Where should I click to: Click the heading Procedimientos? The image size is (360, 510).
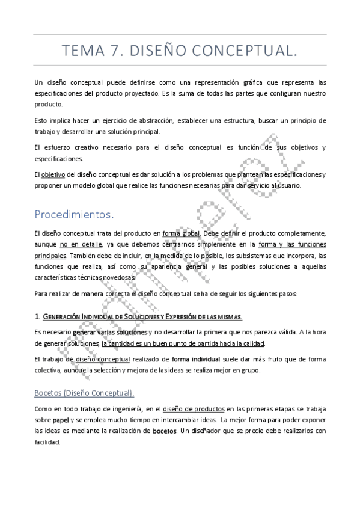pos(73,214)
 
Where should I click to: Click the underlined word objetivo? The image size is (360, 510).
pos(53,174)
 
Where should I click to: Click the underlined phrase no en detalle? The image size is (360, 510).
pos(80,244)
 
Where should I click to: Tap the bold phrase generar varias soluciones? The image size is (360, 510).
pos(109,332)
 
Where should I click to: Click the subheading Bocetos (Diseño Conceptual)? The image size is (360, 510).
pos(84,393)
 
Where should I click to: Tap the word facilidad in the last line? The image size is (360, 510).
pos(47,442)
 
